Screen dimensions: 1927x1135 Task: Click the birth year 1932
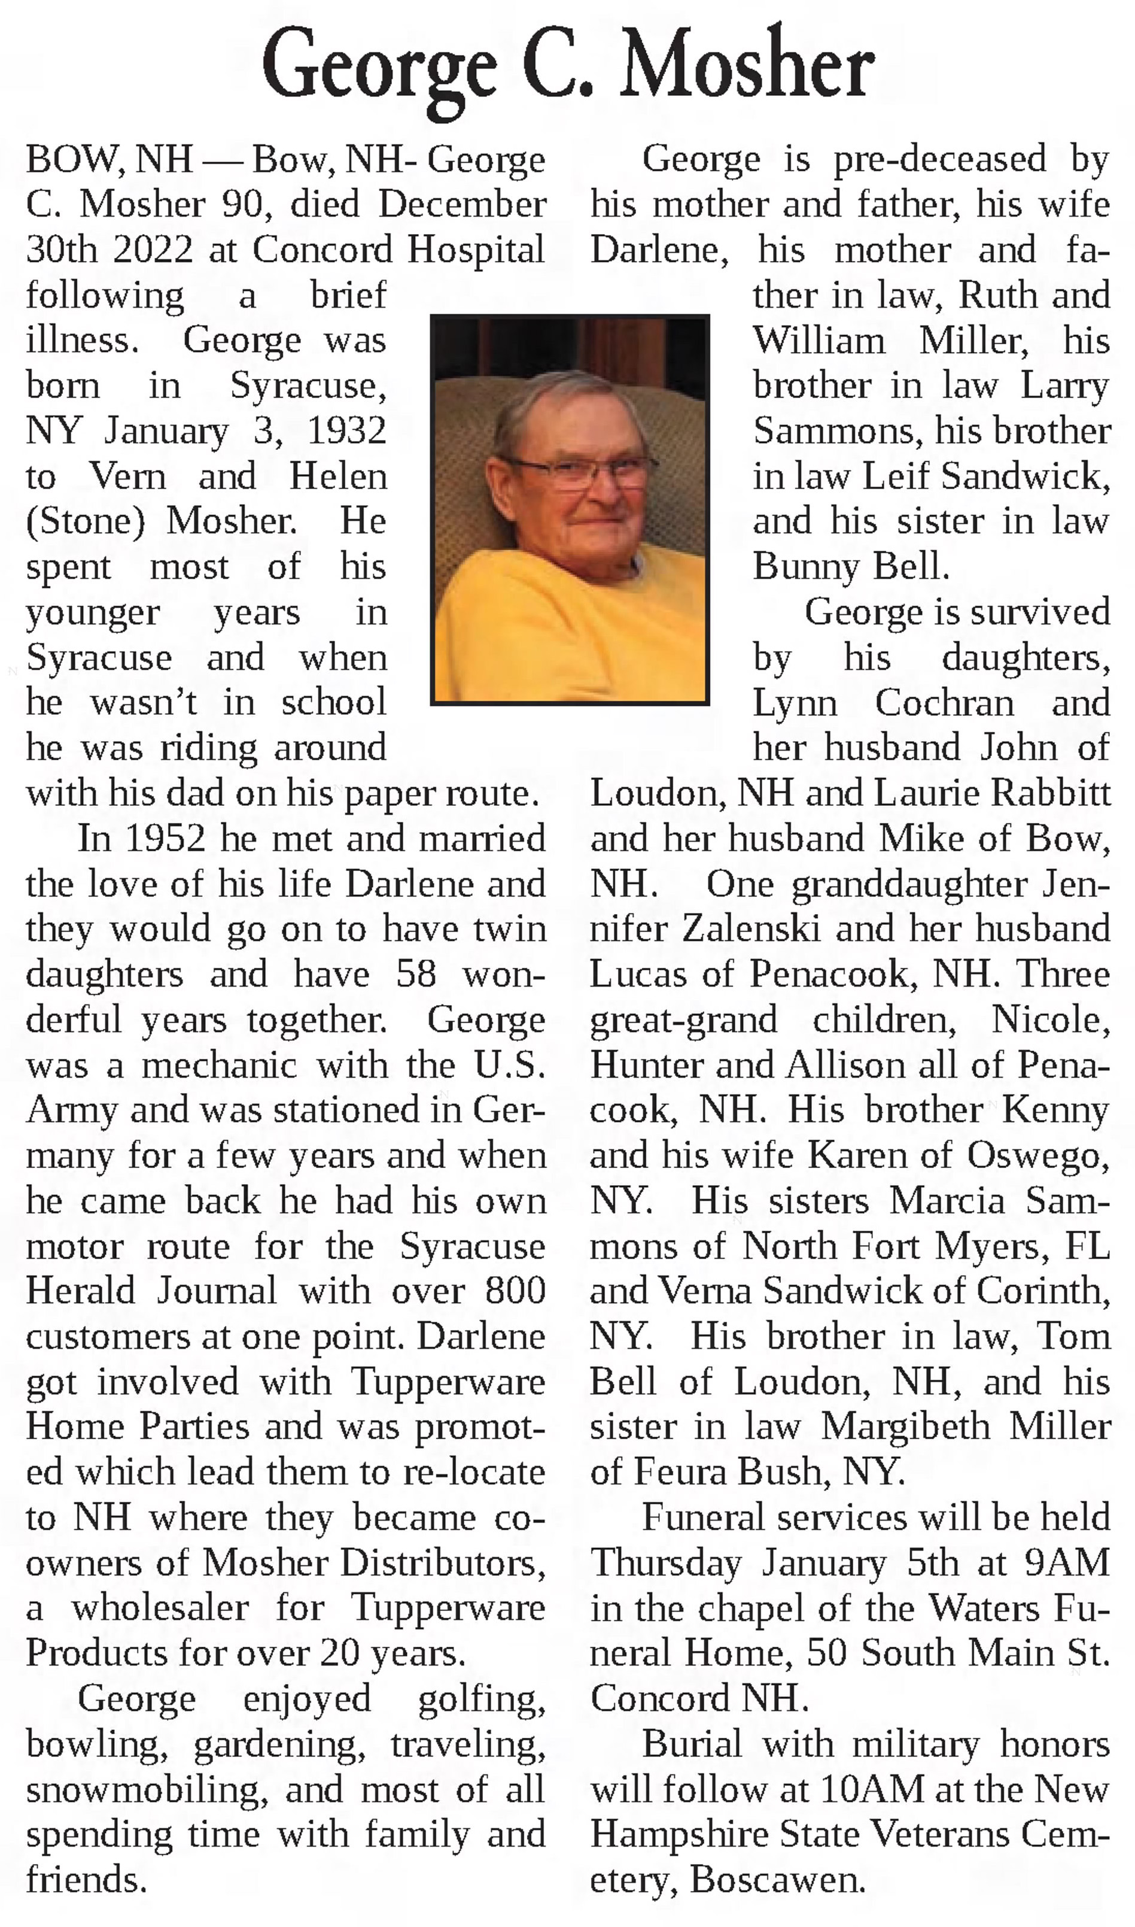click(x=346, y=430)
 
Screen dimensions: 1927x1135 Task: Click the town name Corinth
click(x=1042, y=1291)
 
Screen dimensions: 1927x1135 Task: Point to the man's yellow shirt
click(x=566, y=627)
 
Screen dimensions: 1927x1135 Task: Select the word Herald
click(x=80, y=1291)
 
